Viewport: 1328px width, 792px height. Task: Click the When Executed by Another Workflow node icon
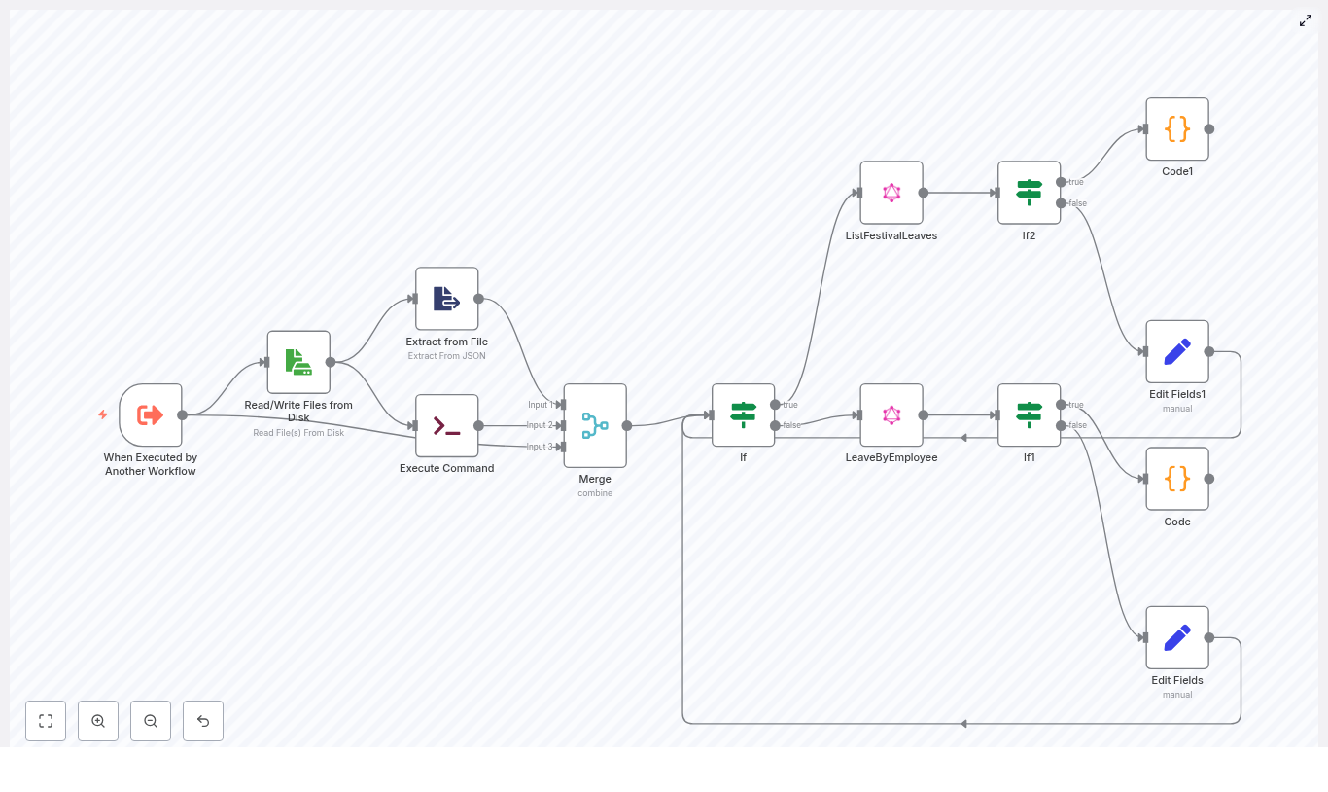click(x=151, y=415)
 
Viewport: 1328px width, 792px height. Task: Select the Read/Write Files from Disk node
click(x=298, y=362)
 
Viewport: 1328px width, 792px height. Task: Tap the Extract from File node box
click(x=447, y=299)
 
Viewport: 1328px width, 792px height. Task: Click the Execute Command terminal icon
click(x=447, y=425)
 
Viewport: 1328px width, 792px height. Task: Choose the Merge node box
click(x=595, y=425)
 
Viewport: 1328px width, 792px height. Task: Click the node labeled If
click(x=744, y=415)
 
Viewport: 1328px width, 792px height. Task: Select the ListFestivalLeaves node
click(x=891, y=193)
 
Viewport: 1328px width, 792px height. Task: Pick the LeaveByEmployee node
click(x=891, y=415)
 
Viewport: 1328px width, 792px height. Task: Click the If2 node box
click(x=1030, y=193)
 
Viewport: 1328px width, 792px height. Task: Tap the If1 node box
click(x=1030, y=415)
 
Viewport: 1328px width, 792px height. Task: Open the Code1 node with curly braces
click(x=1177, y=128)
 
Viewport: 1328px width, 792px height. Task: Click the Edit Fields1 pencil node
click(x=1177, y=351)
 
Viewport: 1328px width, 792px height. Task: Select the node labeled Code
click(x=1177, y=479)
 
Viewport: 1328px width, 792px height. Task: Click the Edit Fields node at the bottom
click(x=1177, y=638)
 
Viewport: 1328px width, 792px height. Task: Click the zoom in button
click(x=98, y=721)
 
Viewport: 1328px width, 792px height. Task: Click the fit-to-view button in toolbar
click(x=46, y=721)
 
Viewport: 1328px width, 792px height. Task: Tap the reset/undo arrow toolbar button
click(x=203, y=721)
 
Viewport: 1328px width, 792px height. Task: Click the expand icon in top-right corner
click(x=1306, y=20)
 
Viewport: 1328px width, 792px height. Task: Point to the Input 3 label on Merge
click(x=540, y=447)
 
